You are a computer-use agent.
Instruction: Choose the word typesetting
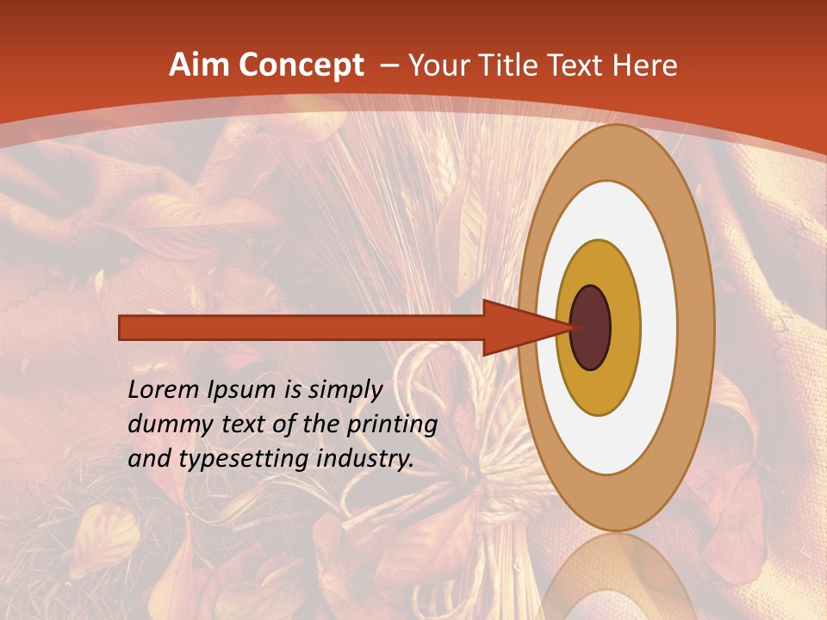click(242, 460)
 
